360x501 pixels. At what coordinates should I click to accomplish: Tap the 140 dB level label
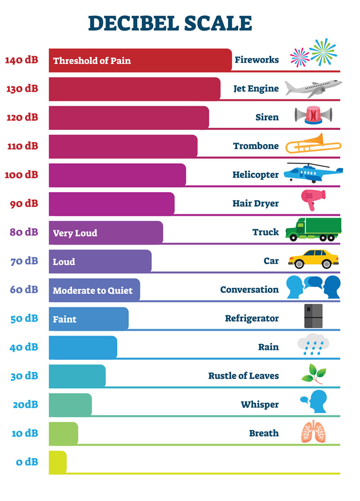click(x=22, y=60)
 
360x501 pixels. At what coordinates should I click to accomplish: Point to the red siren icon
click(x=313, y=116)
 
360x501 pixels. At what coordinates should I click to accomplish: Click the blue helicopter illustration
click(x=313, y=173)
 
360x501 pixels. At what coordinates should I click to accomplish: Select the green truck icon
click(x=313, y=229)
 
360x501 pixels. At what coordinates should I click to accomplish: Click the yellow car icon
click(x=313, y=258)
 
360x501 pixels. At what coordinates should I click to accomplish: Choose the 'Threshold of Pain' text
click(x=92, y=60)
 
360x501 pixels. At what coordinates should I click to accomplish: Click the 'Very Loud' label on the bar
click(x=75, y=233)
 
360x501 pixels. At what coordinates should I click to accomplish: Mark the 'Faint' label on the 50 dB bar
click(x=64, y=319)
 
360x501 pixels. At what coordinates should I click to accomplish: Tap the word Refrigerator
click(x=252, y=318)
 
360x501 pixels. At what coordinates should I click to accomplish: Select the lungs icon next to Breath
click(x=313, y=432)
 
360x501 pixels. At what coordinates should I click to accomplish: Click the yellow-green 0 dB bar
click(x=58, y=462)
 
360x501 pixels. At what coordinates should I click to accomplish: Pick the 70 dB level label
click(x=24, y=261)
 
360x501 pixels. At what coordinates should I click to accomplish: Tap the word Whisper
click(x=260, y=405)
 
